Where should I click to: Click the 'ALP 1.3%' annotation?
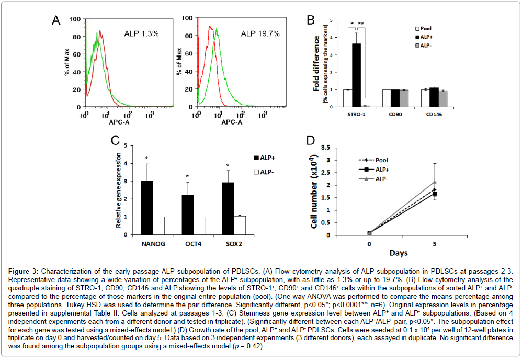coord(141,33)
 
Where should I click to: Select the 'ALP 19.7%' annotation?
coord(260,33)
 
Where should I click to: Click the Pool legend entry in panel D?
coord(382,160)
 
